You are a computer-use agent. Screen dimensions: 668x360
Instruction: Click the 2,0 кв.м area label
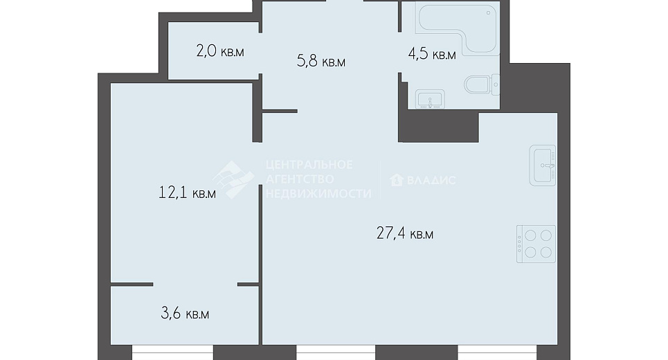[220, 51]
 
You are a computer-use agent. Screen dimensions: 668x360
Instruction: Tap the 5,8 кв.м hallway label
[321, 62]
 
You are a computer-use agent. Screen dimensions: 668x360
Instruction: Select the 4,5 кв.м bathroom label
[431, 55]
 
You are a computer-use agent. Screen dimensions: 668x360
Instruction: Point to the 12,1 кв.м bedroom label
[187, 193]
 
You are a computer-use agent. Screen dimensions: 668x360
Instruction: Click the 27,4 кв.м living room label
[405, 233]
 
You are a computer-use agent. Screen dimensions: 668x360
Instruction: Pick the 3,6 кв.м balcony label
[185, 314]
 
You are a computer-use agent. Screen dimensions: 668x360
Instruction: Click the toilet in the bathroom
[482, 84]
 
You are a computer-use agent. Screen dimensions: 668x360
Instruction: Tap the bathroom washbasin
[431, 99]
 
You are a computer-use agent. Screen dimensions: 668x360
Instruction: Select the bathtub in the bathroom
[458, 28]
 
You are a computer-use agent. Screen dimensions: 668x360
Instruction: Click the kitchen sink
[543, 165]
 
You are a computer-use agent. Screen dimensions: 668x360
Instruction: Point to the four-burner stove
[536, 244]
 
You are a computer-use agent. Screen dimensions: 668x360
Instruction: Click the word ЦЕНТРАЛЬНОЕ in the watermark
[309, 165]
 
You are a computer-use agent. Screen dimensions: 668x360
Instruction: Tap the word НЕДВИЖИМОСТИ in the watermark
[318, 193]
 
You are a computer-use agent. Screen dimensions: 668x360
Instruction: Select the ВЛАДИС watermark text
[431, 180]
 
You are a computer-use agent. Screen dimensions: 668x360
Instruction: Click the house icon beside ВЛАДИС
[397, 180]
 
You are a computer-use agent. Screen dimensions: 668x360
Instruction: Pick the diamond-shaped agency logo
[233, 179]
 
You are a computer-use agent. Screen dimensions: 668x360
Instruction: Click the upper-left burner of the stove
[531, 235]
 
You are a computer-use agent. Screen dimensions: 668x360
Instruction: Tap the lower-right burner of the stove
[546, 252]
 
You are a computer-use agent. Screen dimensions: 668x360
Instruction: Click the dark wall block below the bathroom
[438, 126]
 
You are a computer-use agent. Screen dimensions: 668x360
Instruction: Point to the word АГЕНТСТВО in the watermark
[300, 179]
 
